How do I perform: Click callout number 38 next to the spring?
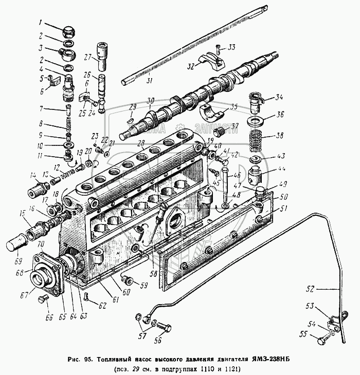tap(280, 136)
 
